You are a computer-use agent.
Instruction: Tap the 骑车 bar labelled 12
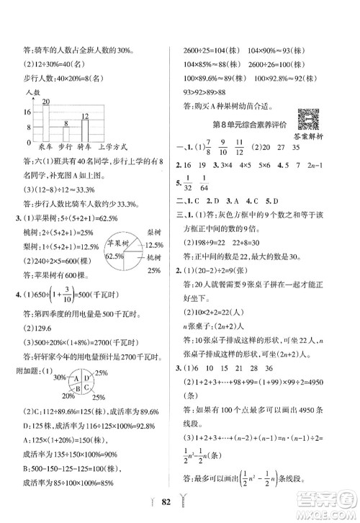84,128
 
